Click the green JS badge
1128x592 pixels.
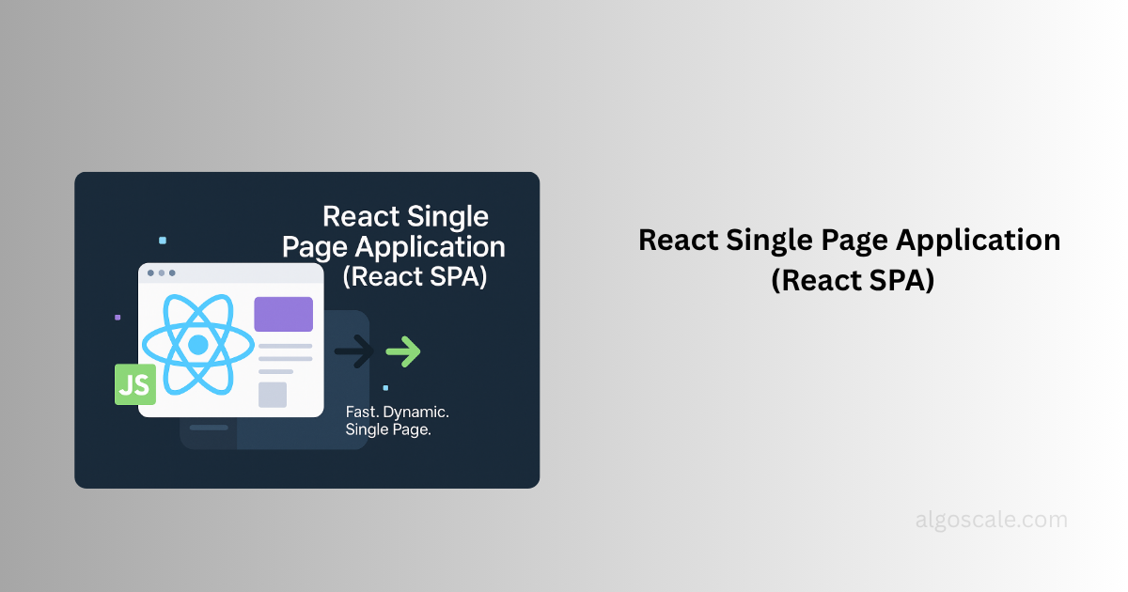click(135, 384)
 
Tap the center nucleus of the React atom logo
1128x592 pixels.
click(198, 345)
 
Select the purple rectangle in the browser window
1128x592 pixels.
click(284, 314)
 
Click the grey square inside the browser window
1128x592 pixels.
click(273, 395)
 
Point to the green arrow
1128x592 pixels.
click(403, 351)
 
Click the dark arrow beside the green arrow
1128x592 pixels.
click(354, 351)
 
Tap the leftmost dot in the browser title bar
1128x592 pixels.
click(150, 273)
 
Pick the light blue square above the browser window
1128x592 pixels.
click(163, 241)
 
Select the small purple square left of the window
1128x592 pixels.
click(117, 318)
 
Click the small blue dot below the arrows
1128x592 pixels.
click(385, 387)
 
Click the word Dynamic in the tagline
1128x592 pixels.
click(415, 413)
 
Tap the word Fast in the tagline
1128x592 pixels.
click(362, 413)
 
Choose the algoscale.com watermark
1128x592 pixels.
click(991, 520)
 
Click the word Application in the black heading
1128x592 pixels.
click(978, 241)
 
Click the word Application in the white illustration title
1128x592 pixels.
click(430, 247)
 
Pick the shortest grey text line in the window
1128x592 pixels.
click(276, 371)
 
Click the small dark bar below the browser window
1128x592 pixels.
click(209, 428)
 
